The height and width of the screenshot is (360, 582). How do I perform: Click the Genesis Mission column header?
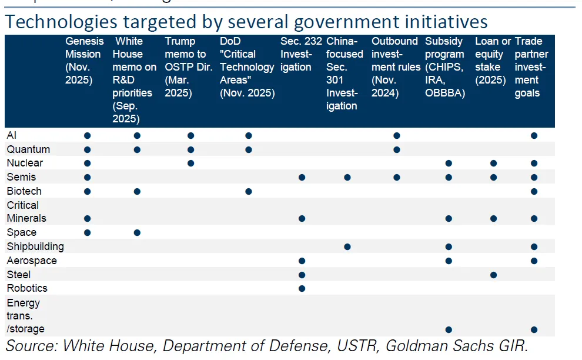coord(84,61)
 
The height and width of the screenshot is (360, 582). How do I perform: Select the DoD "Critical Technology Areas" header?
coord(247,67)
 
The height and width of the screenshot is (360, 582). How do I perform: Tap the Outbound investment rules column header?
coord(396,67)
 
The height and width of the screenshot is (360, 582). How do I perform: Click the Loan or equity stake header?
coord(493,61)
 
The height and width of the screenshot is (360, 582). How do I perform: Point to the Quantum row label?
coord(28,149)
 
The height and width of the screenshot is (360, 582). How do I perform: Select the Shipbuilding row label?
coord(35,246)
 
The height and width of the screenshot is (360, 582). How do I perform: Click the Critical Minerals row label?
coord(26,212)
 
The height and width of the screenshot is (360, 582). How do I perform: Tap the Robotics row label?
coord(27,288)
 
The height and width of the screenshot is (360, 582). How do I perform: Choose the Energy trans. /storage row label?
coord(25,316)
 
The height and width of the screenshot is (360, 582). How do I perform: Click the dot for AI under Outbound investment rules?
coord(397,136)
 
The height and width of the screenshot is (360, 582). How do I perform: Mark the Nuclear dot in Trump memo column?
coord(190,163)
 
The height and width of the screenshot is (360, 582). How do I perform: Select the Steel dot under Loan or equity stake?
coord(494,275)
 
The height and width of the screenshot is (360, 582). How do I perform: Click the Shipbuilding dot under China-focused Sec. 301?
coord(347,246)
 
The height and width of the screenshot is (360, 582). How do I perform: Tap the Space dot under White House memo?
coord(137,232)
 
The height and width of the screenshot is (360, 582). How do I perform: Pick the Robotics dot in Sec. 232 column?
coord(302,288)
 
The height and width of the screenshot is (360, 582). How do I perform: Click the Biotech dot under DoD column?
coord(249,191)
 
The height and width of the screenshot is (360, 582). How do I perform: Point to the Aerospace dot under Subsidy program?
coord(449,261)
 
